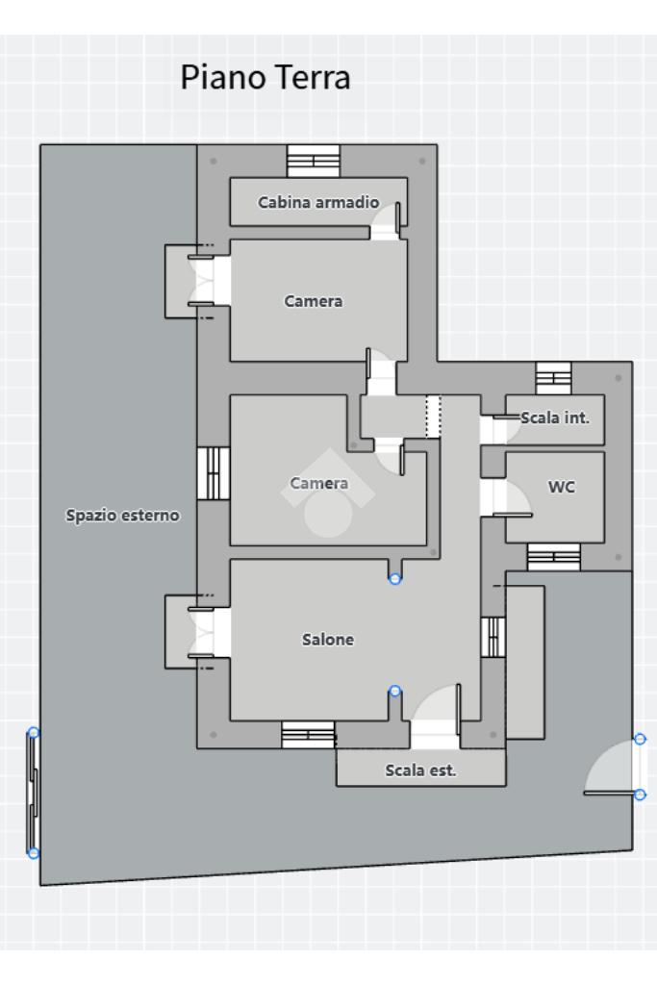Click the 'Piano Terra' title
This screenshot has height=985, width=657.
pos(265,78)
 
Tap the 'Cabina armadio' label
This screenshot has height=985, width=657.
pos(318,202)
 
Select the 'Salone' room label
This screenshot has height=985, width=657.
pos(328,640)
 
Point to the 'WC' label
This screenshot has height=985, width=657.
pos(562,487)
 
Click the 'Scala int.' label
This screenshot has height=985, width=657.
pos(555,417)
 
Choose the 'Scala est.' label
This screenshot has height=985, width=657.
pos(420,770)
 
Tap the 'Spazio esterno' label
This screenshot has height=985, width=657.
pos(122,516)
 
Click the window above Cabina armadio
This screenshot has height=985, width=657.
pos(314,161)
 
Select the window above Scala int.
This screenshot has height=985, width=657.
pos(553,378)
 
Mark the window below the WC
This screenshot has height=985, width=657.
pos(553,557)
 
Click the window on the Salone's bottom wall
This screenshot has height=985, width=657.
pos(308,735)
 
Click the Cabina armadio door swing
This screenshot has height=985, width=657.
pos(386,221)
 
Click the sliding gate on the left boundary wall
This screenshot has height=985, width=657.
pos(33,793)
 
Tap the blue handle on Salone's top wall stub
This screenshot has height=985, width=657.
pos(394,579)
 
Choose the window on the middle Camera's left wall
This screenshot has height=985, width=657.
pos(214,473)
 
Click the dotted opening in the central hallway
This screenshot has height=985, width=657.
pos(434,416)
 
